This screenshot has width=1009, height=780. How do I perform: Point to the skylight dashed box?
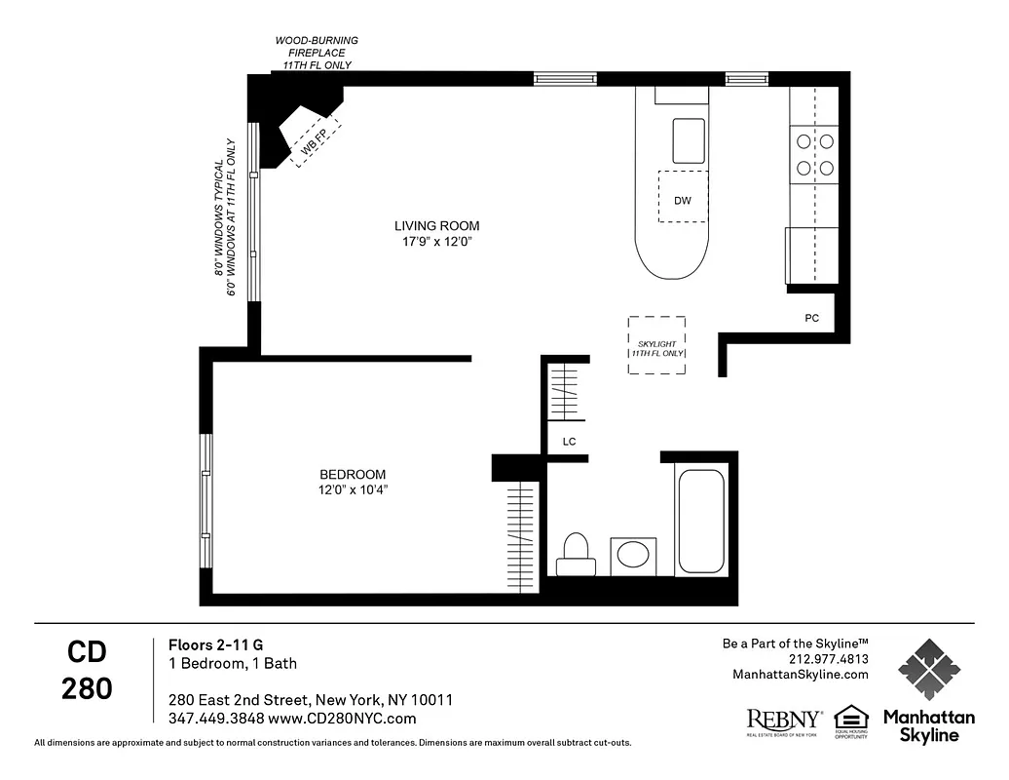pos(656,345)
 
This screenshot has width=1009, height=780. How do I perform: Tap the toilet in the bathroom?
pos(575,554)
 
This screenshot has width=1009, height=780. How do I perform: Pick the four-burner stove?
pos(814,154)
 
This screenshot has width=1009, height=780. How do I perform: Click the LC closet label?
pos(569,442)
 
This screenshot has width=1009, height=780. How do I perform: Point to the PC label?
pos(811,319)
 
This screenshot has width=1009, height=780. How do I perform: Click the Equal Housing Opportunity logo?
pos(850,722)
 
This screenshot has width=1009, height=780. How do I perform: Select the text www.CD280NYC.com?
pos(342,719)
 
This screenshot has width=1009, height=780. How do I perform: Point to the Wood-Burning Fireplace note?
pos(316,53)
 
